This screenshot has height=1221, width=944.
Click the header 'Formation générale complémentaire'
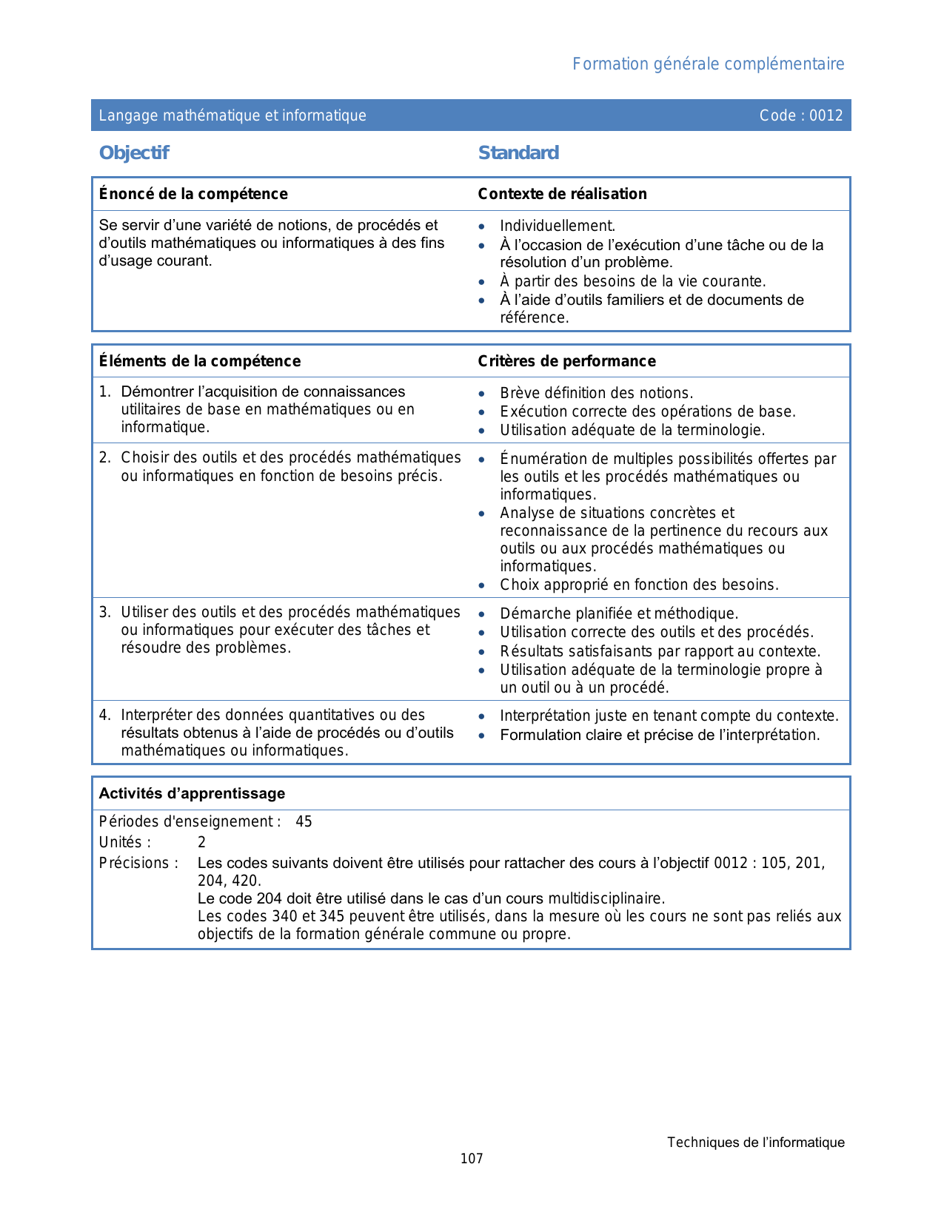(x=708, y=64)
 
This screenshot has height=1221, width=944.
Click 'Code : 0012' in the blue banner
(x=800, y=115)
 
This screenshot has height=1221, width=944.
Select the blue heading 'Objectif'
(x=134, y=153)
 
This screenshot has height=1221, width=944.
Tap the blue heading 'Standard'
(x=518, y=153)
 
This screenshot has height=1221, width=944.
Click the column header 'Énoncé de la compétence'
(x=193, y=194)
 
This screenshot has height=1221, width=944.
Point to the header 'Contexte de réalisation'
(x=562, y=194)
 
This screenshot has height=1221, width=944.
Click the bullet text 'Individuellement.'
(x=558, y=226)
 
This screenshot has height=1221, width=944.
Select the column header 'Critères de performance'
(x=566, y=361)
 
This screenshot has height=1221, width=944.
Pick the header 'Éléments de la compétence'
(x=200, y=361)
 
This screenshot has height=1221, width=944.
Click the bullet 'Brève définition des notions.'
(x=596, y=393)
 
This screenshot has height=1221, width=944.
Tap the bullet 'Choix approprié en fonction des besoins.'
(x=639, y=585)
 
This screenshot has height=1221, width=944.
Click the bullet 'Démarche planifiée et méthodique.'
(x=619, y=613)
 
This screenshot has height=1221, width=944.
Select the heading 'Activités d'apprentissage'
(x=192, y=793)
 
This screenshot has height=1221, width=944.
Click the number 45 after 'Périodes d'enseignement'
(x=304, y=821)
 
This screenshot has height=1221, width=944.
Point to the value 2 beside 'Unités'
(x=201, y=842)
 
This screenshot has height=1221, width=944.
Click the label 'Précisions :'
(x=138, y=863)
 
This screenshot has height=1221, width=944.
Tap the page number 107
(x=472, y=1159)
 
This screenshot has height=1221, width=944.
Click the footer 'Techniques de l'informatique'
(x=755, y=1143)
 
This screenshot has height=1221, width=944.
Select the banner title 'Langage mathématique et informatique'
(x=232, y=115)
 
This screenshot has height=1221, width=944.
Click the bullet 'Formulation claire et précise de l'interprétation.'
(x=660, y=735)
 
